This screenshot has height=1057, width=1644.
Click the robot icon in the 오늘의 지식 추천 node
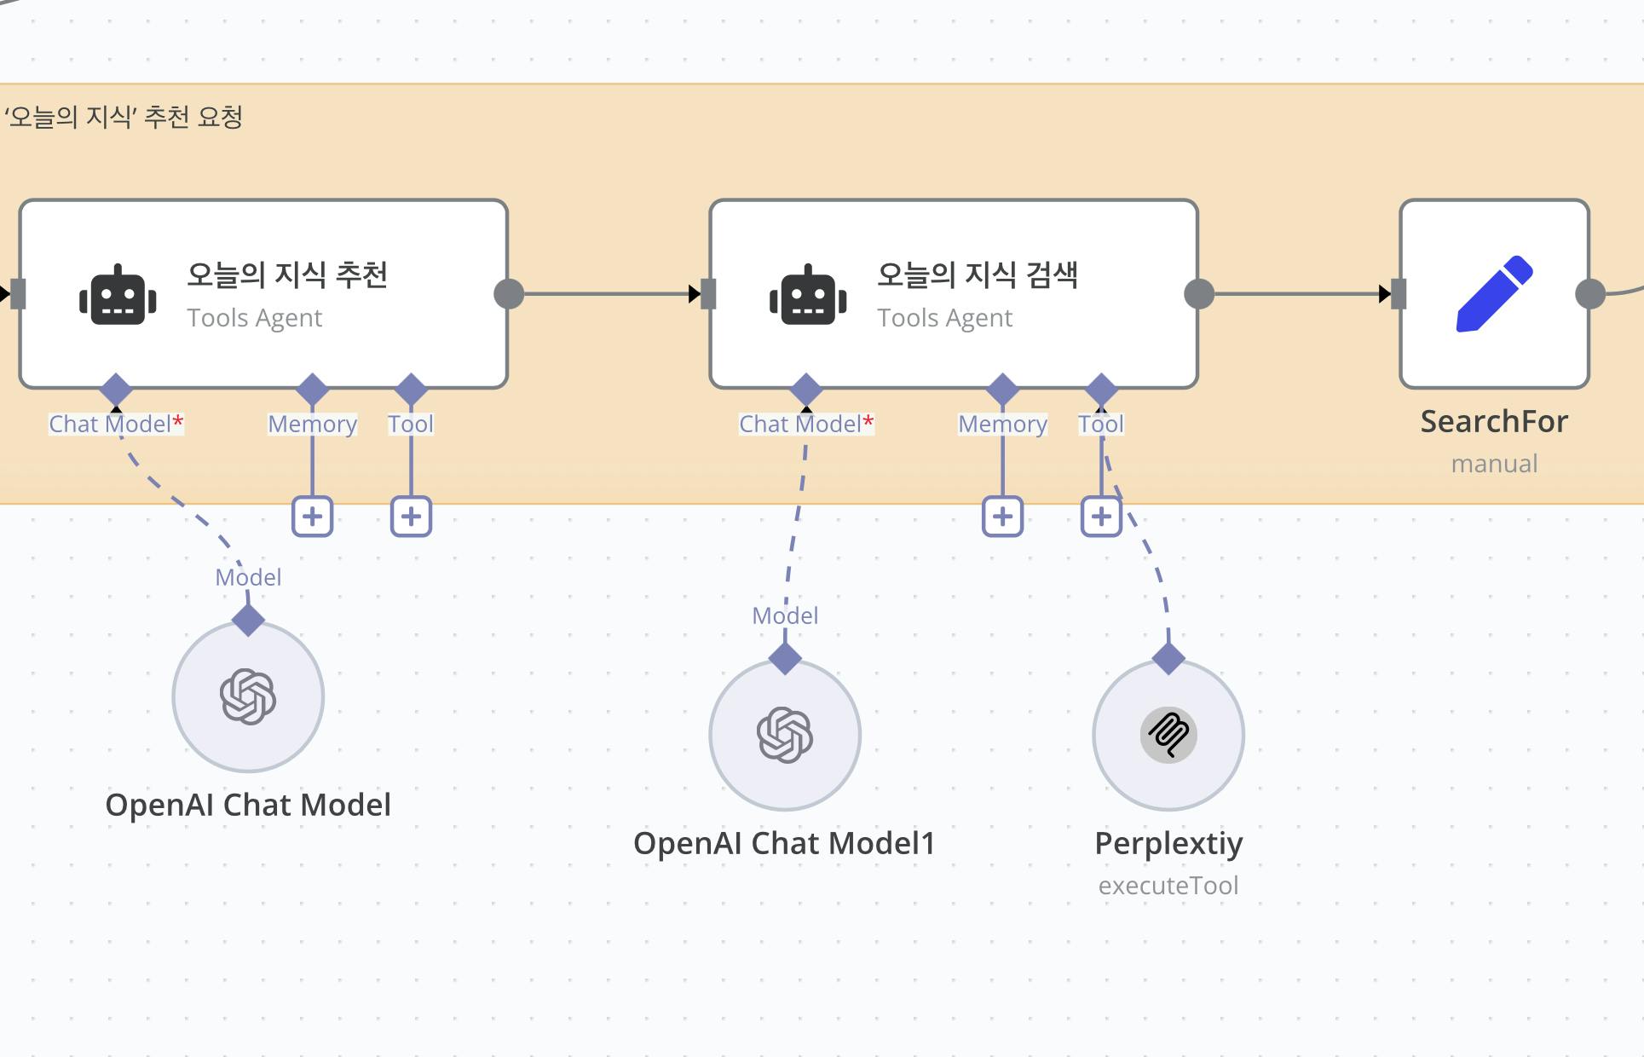[x=118, y=295]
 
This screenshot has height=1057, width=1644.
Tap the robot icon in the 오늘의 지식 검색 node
[x=808, y=295]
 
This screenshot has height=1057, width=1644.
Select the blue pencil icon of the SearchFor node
[x=1494, y=293]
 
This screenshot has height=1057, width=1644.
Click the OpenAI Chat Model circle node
[x=248, y=697]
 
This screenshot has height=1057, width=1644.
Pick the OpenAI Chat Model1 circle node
[x=785, y=736]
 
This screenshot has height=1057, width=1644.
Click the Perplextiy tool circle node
[x=1168, y=736]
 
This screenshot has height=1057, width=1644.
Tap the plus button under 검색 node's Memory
[x=1002, y=517]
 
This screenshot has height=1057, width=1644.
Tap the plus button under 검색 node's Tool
[x=1101, y=517]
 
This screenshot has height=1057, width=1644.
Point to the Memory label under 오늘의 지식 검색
[x=1002, y=424]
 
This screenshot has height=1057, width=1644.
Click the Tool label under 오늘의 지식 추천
[x=411, y=424]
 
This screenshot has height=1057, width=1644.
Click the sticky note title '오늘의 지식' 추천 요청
[x=124, y=117]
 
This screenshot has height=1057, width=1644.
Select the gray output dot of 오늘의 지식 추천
[x=509, y=294]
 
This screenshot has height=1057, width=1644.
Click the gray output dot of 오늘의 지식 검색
[x=1199, y=294]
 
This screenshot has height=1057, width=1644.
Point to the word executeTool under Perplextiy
[x=1168, y=886]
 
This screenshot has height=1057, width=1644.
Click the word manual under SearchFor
[x=1494, y=464]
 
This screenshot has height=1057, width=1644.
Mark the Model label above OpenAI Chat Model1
[x=785, y=615]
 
